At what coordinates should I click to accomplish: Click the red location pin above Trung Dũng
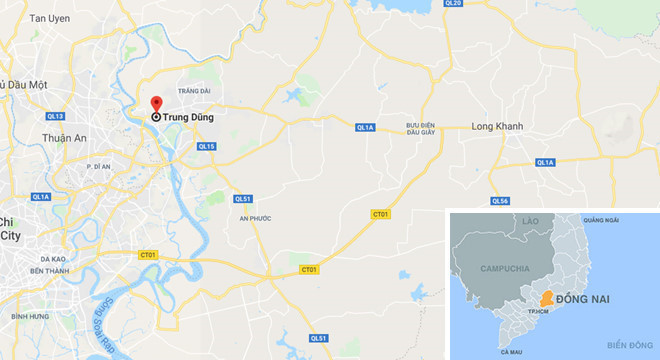click(x=156, y=104)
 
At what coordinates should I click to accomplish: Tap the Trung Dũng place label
click(x=186, y=117)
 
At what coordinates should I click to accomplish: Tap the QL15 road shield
click(x=206, y=147)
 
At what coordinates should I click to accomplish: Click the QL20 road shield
click(x=452, y=4)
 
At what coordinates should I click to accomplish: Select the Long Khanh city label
click(x=498, y=127)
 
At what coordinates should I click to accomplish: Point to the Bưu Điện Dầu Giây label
click(x=420, y=130)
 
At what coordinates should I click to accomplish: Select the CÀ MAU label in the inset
click(x=512, y=351)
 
